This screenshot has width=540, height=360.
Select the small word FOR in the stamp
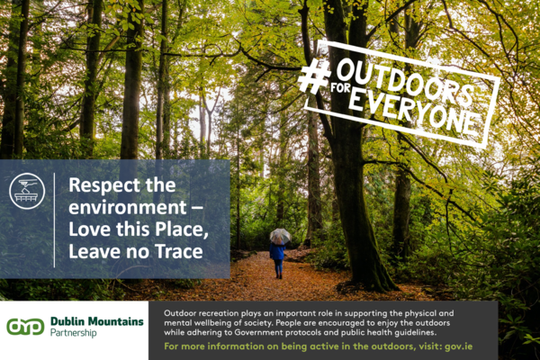tap(340, 88)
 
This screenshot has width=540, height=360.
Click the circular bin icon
tap(27, 191)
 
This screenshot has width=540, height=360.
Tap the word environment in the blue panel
tap(128, 208)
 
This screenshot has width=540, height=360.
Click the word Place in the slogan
tap(182, 229)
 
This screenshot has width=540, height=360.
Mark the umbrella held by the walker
tap(280, 237)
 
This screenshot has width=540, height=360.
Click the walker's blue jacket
tap(277, 251)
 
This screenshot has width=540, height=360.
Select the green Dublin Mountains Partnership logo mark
tap(25, 327)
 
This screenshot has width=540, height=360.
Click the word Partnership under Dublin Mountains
tap(74, 333)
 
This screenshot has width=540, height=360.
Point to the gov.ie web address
tap(458, 346)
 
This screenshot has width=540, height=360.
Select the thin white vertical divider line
tap(54, 220)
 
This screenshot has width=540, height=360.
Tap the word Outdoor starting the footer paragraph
tap(176, 313)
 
